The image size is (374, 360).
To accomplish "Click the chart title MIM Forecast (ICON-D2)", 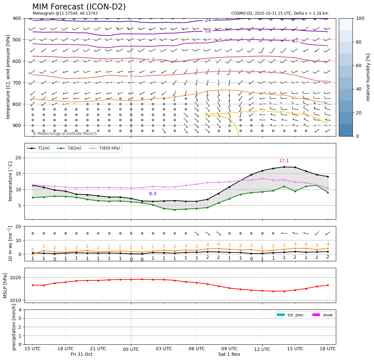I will point(79,7).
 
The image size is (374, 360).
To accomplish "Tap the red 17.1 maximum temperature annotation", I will point(284,161).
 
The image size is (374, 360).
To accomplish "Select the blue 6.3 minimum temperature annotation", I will point(153,194).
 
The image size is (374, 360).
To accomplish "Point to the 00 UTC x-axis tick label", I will point(131,349).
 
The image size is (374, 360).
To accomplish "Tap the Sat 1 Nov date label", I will point(229,354).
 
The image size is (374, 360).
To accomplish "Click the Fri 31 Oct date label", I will point(81,354).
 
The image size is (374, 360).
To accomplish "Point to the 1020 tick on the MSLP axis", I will point(17,278).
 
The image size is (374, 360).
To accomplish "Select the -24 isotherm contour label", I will point(208,20).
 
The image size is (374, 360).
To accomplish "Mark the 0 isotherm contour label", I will point(131,76).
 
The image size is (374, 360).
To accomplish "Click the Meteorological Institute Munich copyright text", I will point(65,134).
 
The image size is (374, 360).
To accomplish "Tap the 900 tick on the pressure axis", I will point(17,125).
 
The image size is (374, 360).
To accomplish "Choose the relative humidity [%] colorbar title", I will point(368,77).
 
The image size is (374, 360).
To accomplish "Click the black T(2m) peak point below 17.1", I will point(284,167).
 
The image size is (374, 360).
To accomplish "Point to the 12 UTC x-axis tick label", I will point(262,349).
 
